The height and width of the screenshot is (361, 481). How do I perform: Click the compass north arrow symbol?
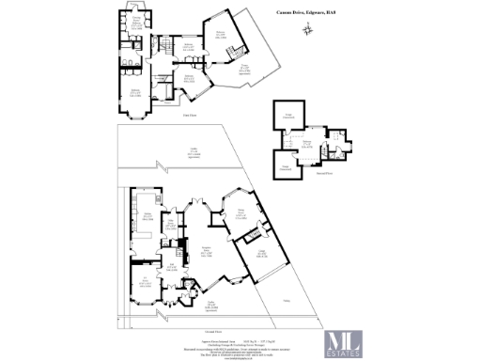tap(308, 31)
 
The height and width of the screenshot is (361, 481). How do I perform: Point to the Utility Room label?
tap(172, 226)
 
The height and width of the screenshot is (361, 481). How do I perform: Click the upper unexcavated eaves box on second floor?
tap(288, 115)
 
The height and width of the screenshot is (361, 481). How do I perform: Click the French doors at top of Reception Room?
tap(198, 199)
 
